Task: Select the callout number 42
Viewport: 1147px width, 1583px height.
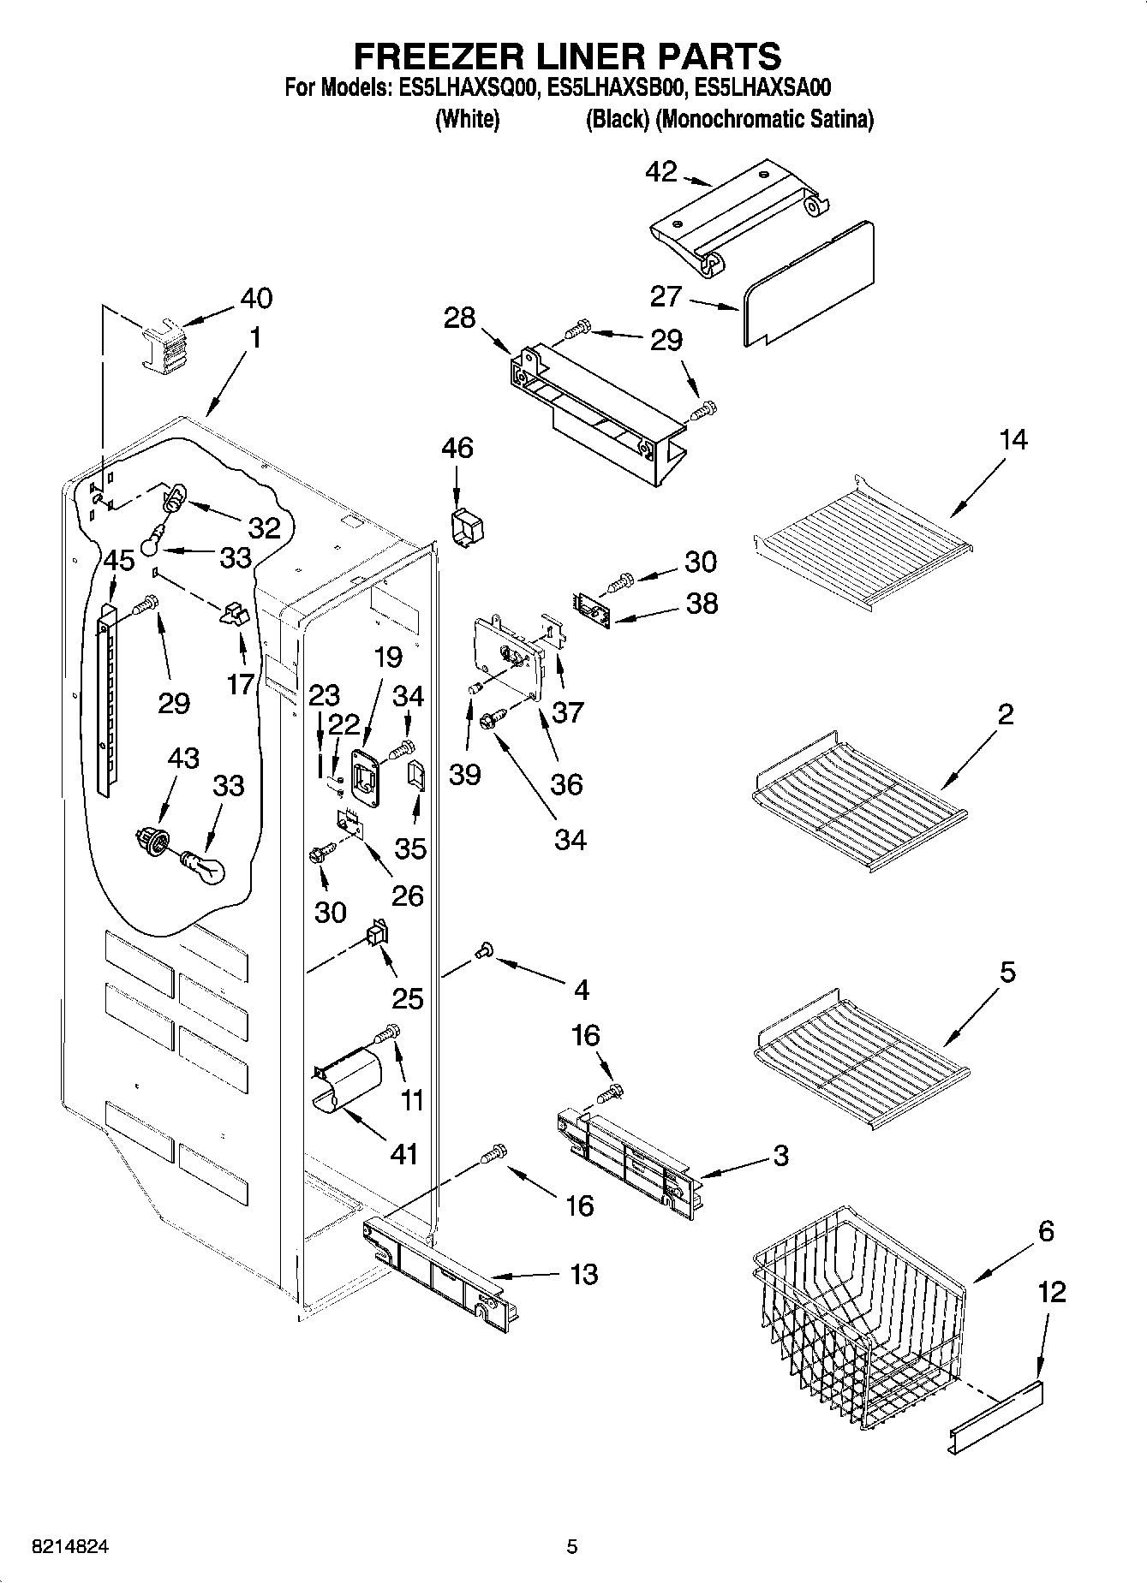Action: pyautogui.click(x=660, y=172)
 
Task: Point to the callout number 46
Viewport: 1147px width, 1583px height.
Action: pyautogui.click(x=457, y=447)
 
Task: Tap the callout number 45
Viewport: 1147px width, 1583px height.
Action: pyautogui.click(x=119, y=561)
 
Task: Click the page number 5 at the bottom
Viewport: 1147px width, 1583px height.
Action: pyautogui.click(x=571, y=1546)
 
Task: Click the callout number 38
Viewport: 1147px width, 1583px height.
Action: pyautogui.click(x=702, y=603)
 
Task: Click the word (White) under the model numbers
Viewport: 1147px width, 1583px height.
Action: pyautogui.click(x=467, y=120)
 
